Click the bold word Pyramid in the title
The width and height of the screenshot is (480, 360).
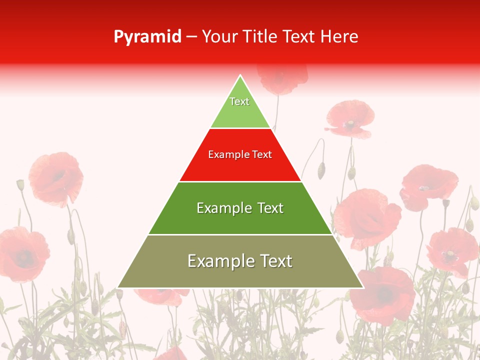[x=147, y=37]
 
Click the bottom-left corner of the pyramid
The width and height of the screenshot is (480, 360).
[x=118, y=287]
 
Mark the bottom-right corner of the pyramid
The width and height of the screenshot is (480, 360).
[x=363, y=287]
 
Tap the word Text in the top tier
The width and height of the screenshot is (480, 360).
[x=239, y=101]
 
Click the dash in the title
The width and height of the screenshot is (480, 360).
[x=191, y=37]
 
